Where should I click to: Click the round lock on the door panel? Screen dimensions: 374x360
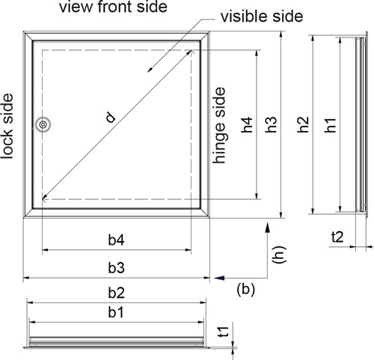(43, 124)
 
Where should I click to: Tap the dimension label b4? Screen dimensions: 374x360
(116, 240)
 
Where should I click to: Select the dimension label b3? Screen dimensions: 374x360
(116, 268)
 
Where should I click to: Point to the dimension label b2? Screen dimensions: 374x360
(116, 293)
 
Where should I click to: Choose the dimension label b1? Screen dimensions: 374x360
(116, 312)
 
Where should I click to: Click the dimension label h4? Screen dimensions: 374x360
(247, 124)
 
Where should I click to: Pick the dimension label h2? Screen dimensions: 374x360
(303, 124)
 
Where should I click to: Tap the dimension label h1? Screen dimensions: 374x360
(331, 125)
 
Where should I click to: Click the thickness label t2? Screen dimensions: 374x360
(337, 237)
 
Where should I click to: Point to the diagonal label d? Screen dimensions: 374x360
(111, 118)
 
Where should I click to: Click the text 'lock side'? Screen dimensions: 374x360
(7, 126)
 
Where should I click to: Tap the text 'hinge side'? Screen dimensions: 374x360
(219, 125)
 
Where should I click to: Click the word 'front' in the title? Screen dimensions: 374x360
(115, 7)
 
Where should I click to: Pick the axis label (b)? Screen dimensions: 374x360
(245, 290)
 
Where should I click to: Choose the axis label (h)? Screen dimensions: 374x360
(279, 254)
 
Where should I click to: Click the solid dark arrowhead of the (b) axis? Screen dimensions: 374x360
(219, 278)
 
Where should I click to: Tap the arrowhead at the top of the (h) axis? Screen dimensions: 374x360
(268, 228)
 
